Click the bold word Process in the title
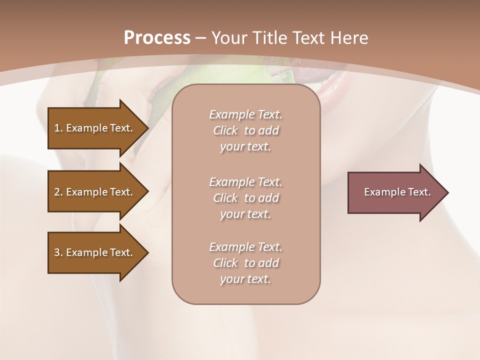(157, 37)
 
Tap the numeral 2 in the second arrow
(56, 192)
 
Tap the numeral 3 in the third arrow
(56, 252)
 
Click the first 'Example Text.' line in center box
(245, 114)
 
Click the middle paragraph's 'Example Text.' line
(245, 182)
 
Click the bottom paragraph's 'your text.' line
(245, 279)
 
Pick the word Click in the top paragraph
(225, 130)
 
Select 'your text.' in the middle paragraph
(245, 214)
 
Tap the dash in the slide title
(200, 38)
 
